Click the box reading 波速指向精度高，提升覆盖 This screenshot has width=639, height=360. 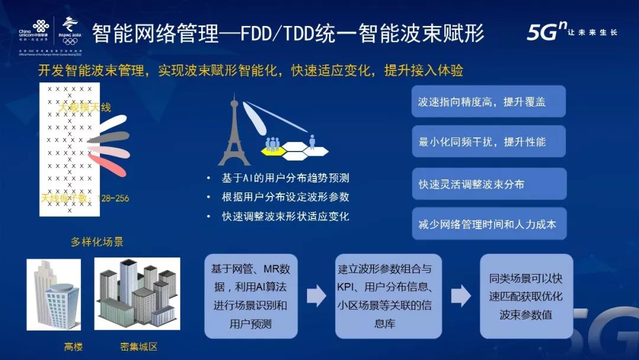(489, 102)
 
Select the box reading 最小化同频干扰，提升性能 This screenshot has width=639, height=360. (489, 142)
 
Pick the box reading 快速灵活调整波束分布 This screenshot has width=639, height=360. (489, 184)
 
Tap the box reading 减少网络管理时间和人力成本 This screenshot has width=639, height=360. (489, 224)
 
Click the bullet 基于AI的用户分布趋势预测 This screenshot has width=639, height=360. (282, 178)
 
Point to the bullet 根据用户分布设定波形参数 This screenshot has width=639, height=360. (282, 197)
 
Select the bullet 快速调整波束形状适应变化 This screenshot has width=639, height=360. (282, 216)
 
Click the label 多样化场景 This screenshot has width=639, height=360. (98, 242)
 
